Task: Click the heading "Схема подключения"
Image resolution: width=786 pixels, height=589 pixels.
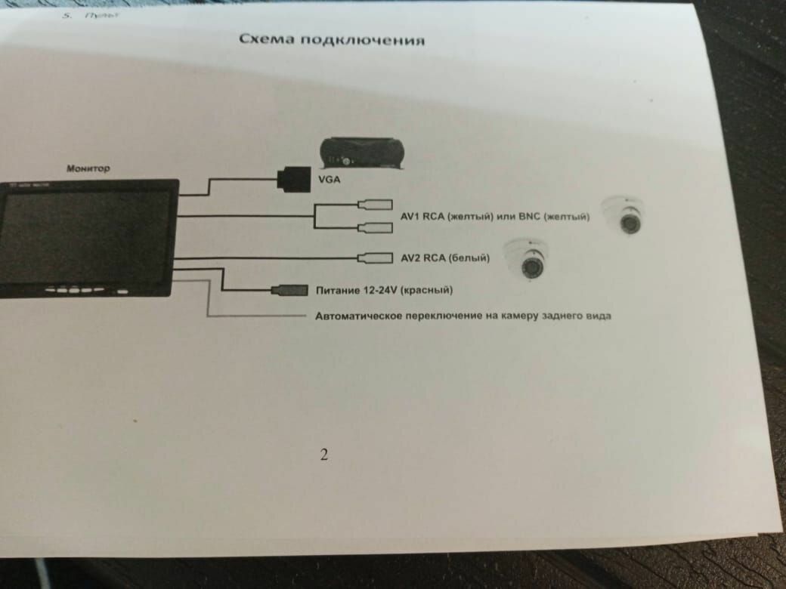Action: click(331, 39)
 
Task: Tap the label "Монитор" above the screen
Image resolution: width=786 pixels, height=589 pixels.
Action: click(88, 168)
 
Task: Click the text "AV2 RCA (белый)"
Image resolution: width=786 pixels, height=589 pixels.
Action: click(445, 258)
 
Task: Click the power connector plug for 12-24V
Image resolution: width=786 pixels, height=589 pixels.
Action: click(288, 290)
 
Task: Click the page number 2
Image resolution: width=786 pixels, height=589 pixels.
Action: click(324, 455)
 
